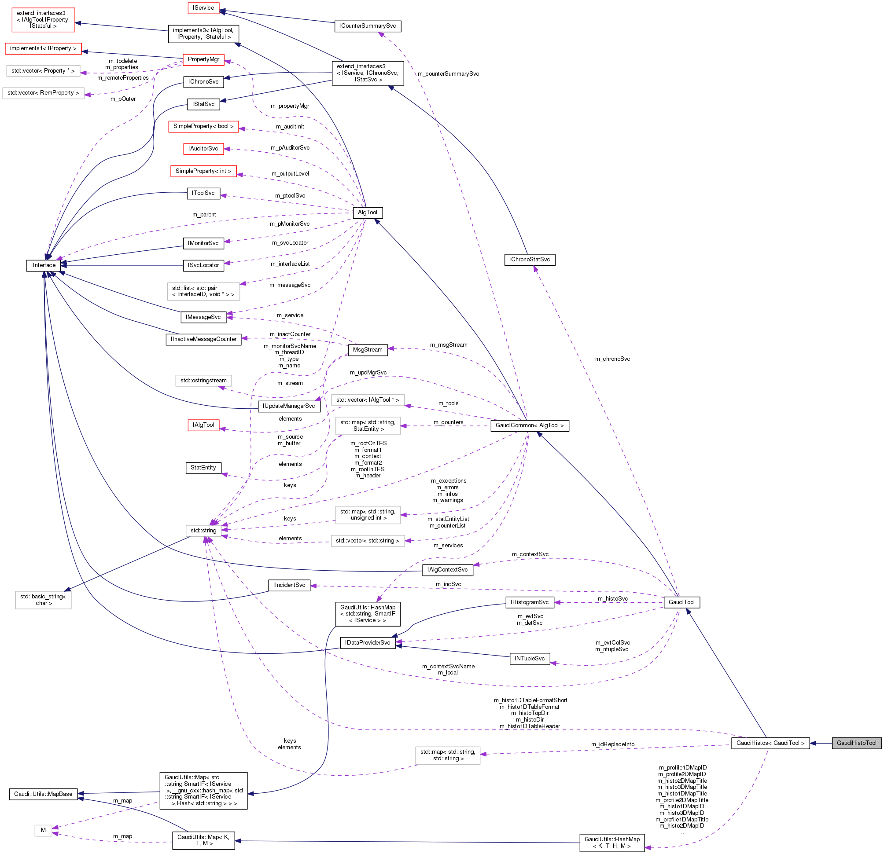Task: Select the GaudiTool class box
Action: [x=681, y=602]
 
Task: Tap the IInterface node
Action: [x=43, y=265]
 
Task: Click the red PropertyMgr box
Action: [x=203, y=59]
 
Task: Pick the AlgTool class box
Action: [x=368, y=212]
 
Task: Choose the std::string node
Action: [x=203, y=531]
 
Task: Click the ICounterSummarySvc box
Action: [x=368, y=26]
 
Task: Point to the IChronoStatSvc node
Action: [x=530, y=259]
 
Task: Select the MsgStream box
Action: [x=368, y=349]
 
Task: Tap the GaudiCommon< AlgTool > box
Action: [x=530, y=425]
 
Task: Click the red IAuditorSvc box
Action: [x=203, y=148]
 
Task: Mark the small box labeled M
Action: [x=43, y=830]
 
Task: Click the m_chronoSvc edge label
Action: [x=612, y=359]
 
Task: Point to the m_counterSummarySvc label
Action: [x=448, y=73]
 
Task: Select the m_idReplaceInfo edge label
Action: [x=612, y=744]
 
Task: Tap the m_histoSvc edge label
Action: [x=612, y=598]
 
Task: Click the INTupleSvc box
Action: [x=530, y=658]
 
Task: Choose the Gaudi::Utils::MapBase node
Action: [x=43, y=794]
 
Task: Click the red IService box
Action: [x=203, y=7]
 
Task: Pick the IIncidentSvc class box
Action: [x=289, y=585]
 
